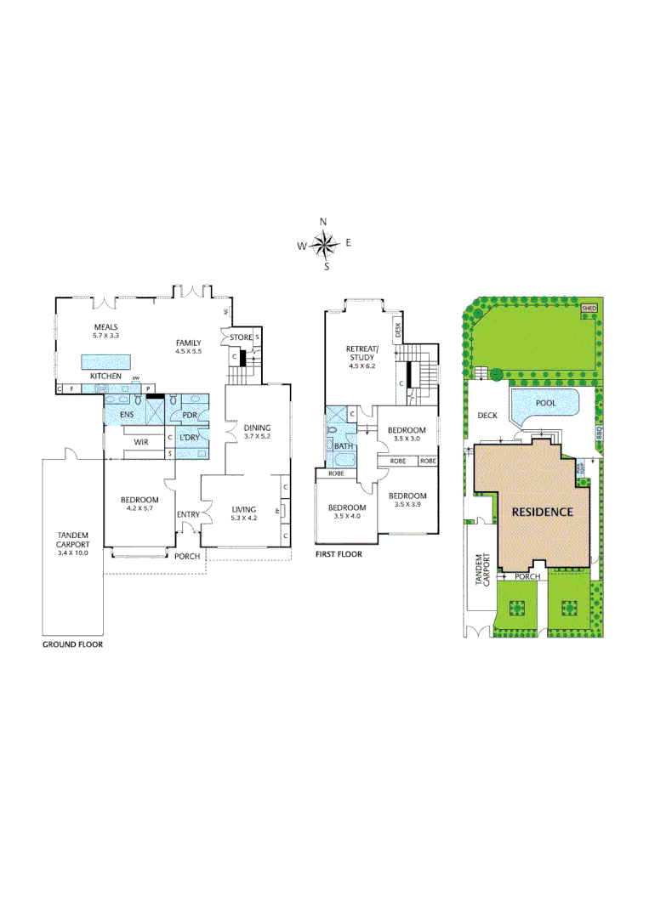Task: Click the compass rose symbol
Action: (324, 245)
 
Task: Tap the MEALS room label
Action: (106, 326)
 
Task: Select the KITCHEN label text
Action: (106, 376)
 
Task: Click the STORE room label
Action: (241, 337)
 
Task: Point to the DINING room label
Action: (257, 428)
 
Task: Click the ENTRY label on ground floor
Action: (188, 514)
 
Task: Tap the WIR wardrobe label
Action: (140, 442)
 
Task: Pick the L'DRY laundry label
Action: (189, 438)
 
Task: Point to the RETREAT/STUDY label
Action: (362, 354)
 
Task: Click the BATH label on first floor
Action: (343, 445)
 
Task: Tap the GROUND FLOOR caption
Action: (73, 644)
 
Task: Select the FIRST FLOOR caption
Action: (339, 553)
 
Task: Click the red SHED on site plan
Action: (589, 308)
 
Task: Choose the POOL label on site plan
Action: (545, 405)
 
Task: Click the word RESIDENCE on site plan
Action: (542, 513)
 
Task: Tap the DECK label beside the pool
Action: (487, 416)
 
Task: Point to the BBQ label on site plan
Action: (599, 432)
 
